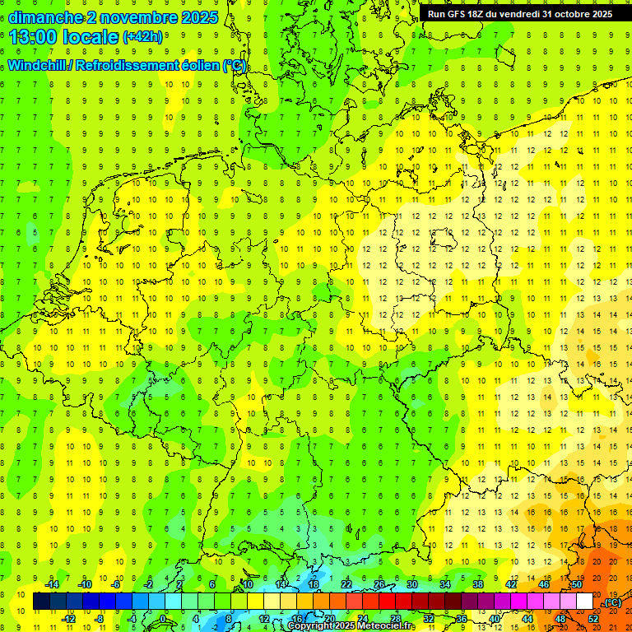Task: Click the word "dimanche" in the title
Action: click(45, 17)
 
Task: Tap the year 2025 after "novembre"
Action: click(198, 17)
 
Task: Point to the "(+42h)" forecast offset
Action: click(142, 37)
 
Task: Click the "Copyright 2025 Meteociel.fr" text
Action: click(351, 626)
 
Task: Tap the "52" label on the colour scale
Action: click(593, 619)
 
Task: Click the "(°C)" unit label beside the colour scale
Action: click(612, 602)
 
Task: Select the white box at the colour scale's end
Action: click(585, 602)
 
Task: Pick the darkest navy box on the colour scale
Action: click(41, 602)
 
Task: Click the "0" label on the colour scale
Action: click(162, 619)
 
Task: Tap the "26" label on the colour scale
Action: click(380, 584)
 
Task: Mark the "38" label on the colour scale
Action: click(478, 584)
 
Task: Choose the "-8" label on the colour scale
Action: click(100, 619)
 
